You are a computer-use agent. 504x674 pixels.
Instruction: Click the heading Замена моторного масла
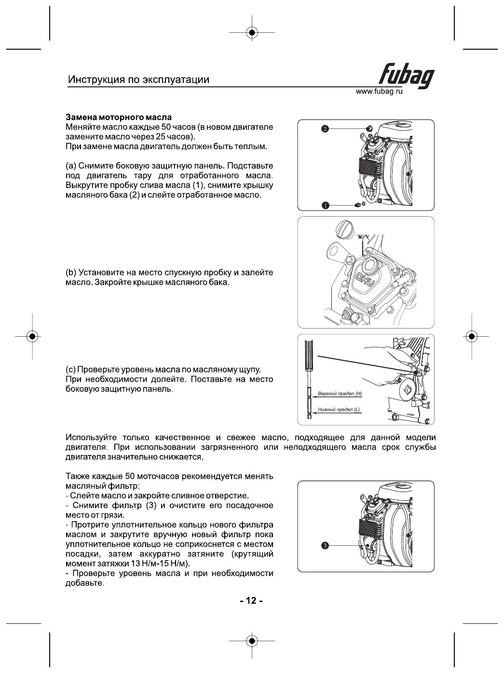[x=118, y=117]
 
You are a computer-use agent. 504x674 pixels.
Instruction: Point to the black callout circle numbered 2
[x=325, y=129]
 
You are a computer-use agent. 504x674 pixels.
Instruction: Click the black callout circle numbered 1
[x=325, y=205]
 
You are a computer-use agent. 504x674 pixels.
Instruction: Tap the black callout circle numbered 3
[x=325, y=545]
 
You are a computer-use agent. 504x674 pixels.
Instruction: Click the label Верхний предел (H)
[x=340, y=394]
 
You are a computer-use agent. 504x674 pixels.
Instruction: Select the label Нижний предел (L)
[x=339, y=410]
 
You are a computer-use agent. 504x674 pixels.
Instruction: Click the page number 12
[x=251, y=601]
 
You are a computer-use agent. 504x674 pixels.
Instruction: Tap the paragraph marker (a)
[x=71, y=166]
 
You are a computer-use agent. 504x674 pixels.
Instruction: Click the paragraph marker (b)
[x=71, y=272]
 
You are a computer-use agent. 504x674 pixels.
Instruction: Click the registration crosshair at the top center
[x=251, y=33]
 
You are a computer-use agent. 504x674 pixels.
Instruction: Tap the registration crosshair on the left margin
[x=32, y=336]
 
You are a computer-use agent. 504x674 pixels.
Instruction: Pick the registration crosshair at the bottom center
[x=251, y=641]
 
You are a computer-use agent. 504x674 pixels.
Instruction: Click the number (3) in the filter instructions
[x=150, y=506]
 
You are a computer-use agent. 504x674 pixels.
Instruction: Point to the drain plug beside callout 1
[x=358, y=205]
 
